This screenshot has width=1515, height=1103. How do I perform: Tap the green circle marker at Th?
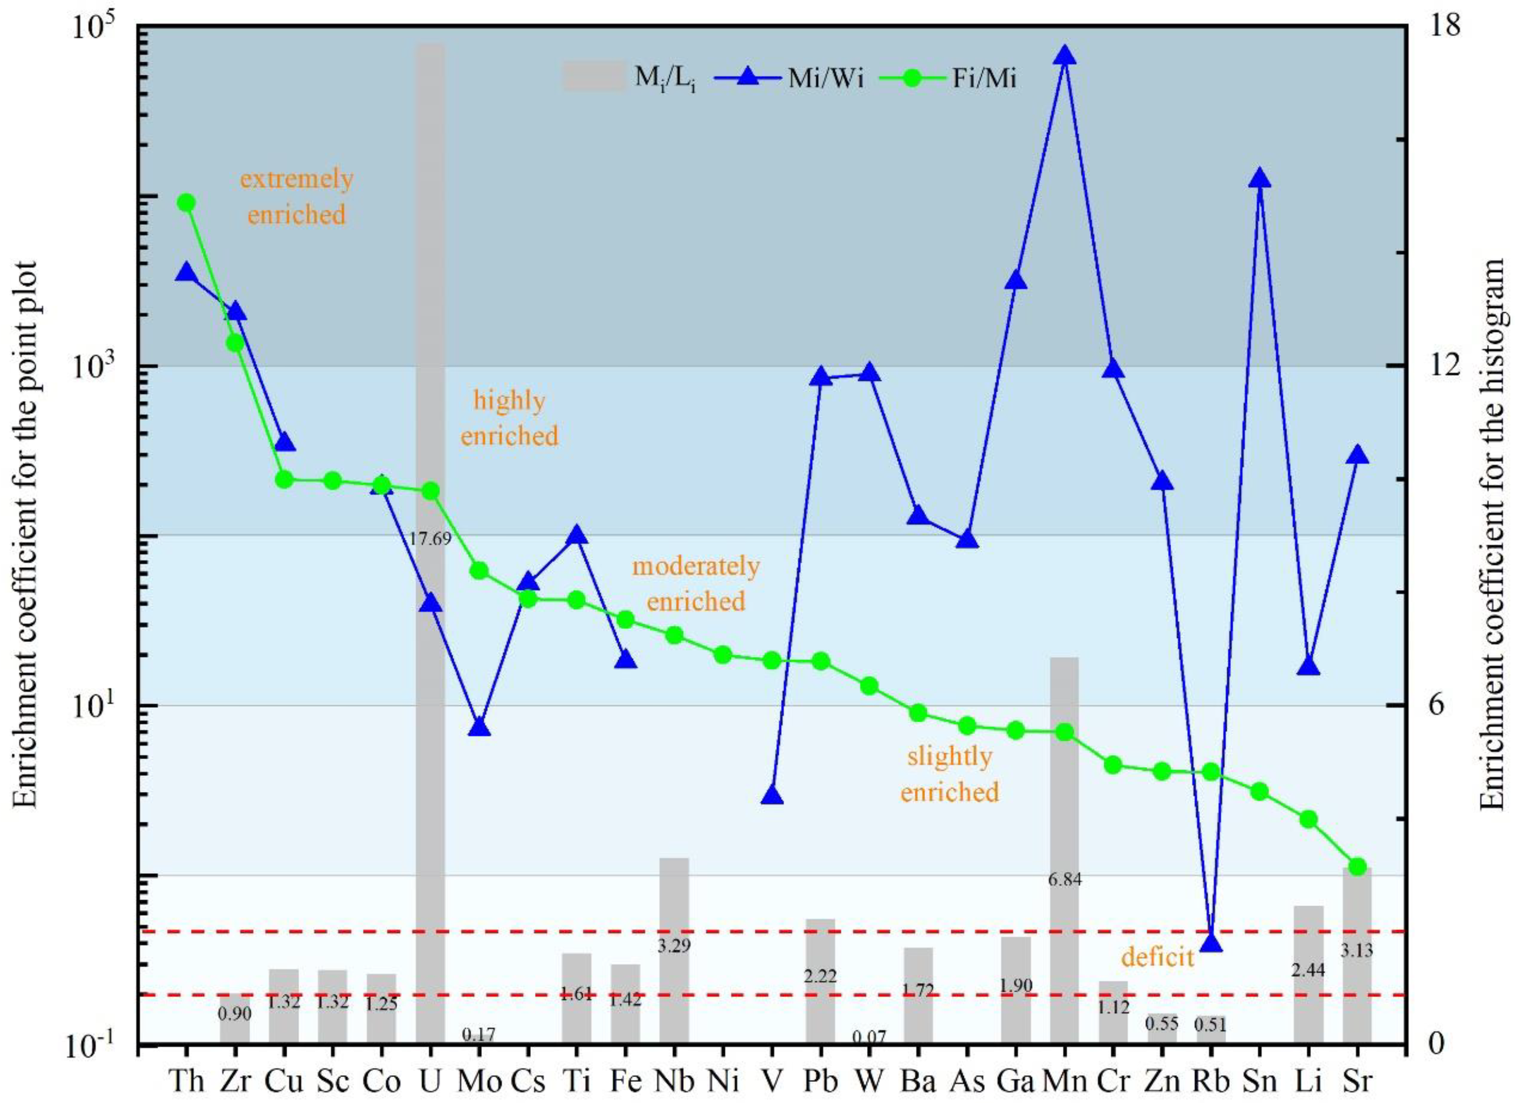[185, 202]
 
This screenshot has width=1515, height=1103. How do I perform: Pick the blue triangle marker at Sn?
[1260, 179]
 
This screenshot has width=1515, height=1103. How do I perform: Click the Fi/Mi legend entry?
[948, 79]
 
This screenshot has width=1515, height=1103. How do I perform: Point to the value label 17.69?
[430, 539]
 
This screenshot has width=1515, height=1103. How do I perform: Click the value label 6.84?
[1065, 880]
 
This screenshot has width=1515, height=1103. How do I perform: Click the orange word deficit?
[1157, 958]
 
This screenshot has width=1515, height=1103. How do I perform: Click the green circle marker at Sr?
[1357, 867]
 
